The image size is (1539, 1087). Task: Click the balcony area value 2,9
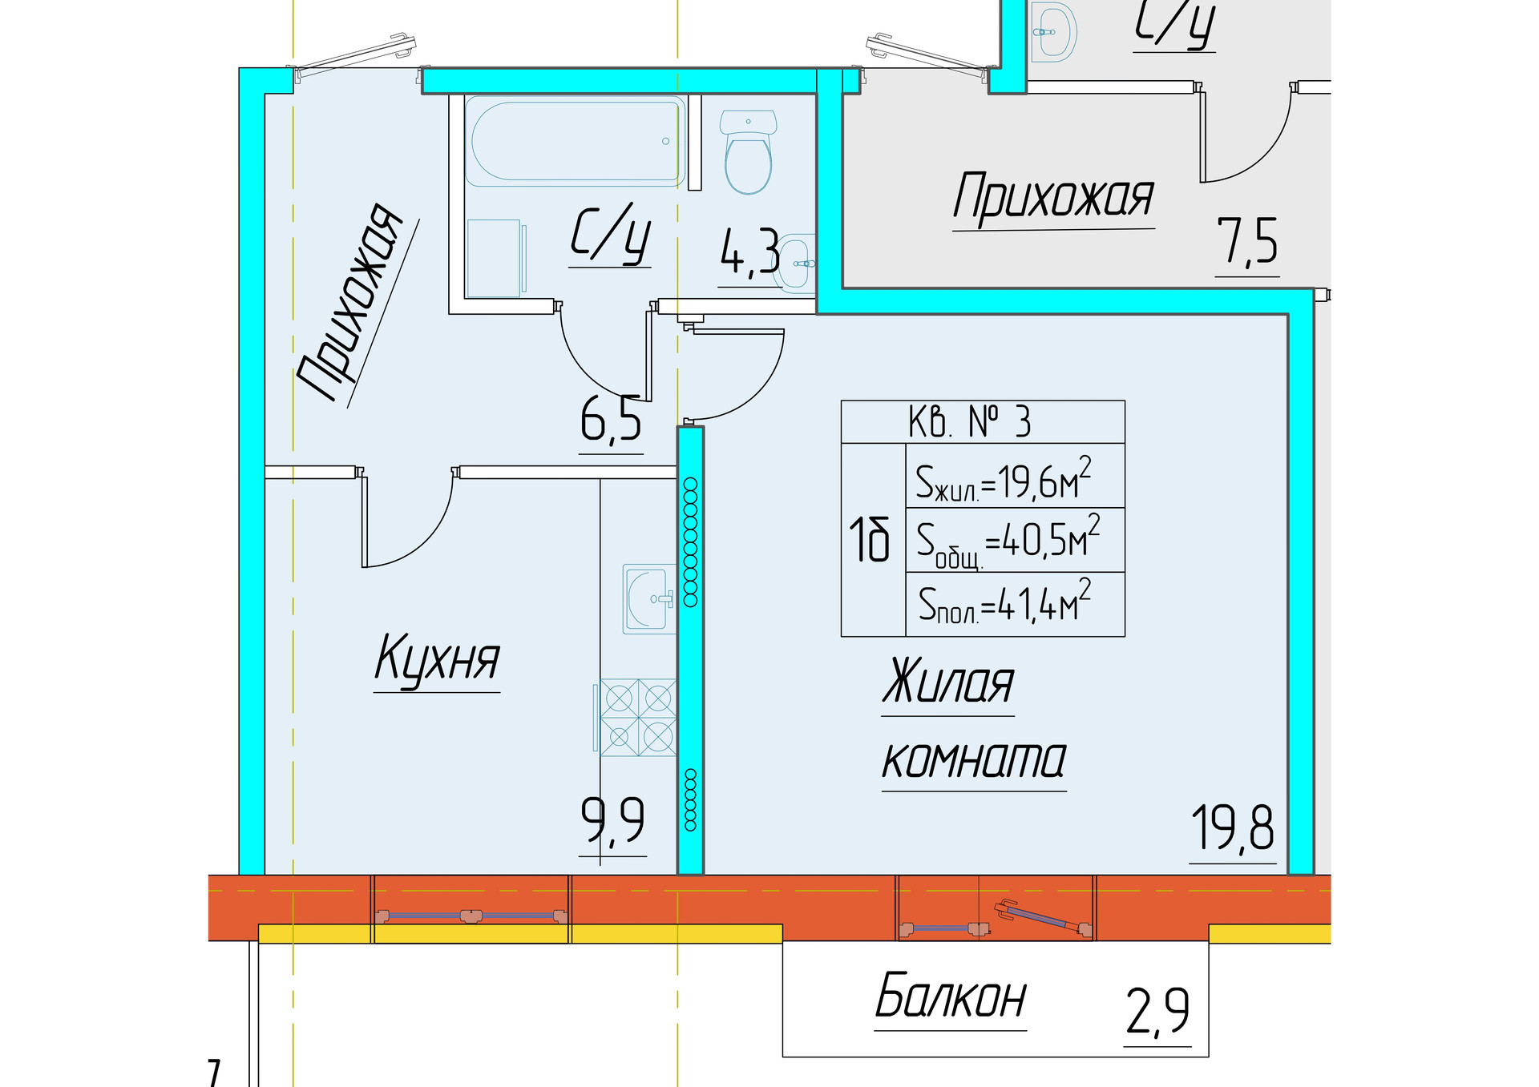1157,1013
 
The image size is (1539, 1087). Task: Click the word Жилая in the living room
948,682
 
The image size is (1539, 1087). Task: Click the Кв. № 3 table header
983,422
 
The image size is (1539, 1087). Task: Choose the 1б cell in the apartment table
874,540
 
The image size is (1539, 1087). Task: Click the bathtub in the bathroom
576,142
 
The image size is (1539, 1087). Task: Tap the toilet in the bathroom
748,152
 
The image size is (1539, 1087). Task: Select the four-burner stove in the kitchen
638,718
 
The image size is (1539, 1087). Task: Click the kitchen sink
649,598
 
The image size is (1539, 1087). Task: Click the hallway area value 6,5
611,419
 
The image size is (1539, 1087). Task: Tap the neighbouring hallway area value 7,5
1247,241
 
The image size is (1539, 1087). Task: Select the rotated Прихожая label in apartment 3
349,302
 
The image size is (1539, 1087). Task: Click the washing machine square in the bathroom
494,259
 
